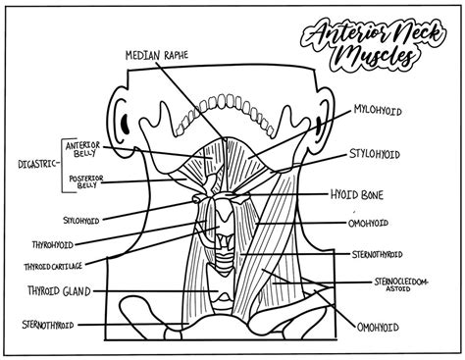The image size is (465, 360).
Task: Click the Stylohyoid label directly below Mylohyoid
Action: pyautogui.click(x=379, y=154)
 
